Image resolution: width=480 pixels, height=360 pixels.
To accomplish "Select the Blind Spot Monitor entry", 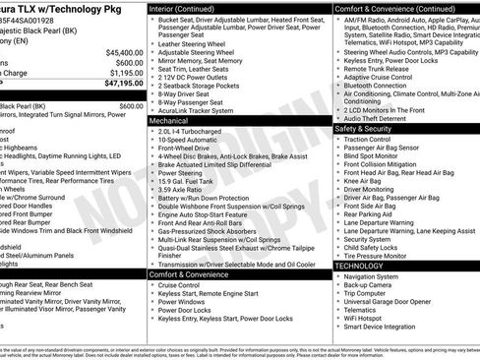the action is [x=375, y=155].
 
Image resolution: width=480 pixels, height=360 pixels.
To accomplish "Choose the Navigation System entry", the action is [x=378, y=276].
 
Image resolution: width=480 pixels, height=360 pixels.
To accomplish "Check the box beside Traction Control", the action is [x=339, y=139].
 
